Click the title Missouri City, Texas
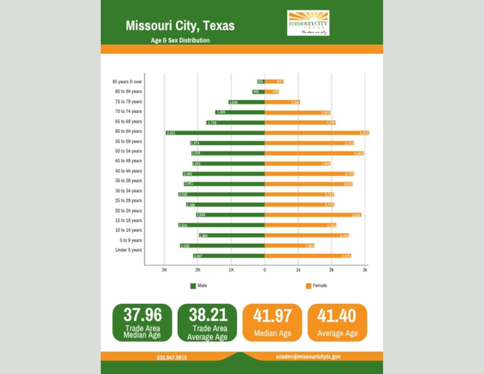click(180, 26)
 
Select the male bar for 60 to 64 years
click(215, 132)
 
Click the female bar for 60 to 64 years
click(316, 132)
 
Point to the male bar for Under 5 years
click(228, 256)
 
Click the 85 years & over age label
click(127, 81)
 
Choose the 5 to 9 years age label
click(131, 240)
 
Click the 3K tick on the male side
click(165, 270)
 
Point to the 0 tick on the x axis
click(265, 270)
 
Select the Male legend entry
click(198, 286)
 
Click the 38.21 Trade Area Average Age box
click(207, 323)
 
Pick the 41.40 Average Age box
click(337, 323)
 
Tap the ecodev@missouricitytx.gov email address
click(308, 355)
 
